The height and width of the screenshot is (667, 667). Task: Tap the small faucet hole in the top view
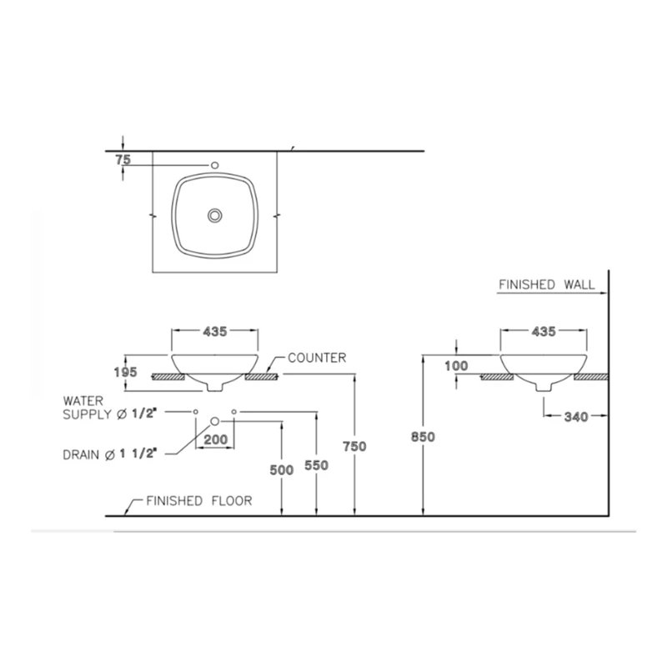pyautogui.click(x=214, y=164)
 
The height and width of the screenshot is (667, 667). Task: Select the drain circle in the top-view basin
pyautogui.click(x=215, y=215)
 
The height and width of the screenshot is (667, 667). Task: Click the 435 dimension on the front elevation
pyautogui.click(x=214, y=332)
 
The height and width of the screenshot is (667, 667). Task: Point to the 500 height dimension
pyautogui.click(x=282, y=470)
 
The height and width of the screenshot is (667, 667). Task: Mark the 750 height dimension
pyautogui.click(x=355, y=447)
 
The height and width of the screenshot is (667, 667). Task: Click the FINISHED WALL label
pyautogui.click(x=546, y=284)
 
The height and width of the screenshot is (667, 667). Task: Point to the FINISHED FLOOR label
pyautogui.click(x=198, y=501)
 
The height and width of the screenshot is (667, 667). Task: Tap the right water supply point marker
pyautogui.click(x=234, y=412)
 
